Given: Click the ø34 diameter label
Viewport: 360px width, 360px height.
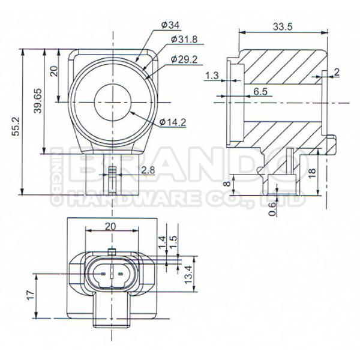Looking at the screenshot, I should (171, 25).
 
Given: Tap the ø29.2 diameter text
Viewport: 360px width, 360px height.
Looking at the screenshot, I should (184, 59).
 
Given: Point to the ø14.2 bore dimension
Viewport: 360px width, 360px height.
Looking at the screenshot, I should (173, 122).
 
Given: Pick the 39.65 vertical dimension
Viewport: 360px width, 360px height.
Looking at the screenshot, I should (38, 103).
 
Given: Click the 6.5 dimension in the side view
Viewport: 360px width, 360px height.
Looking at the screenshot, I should (260, 91).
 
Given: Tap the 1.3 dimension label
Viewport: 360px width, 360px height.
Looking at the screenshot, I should (211, 76).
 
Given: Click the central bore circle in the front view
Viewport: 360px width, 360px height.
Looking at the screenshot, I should (112, 103).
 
